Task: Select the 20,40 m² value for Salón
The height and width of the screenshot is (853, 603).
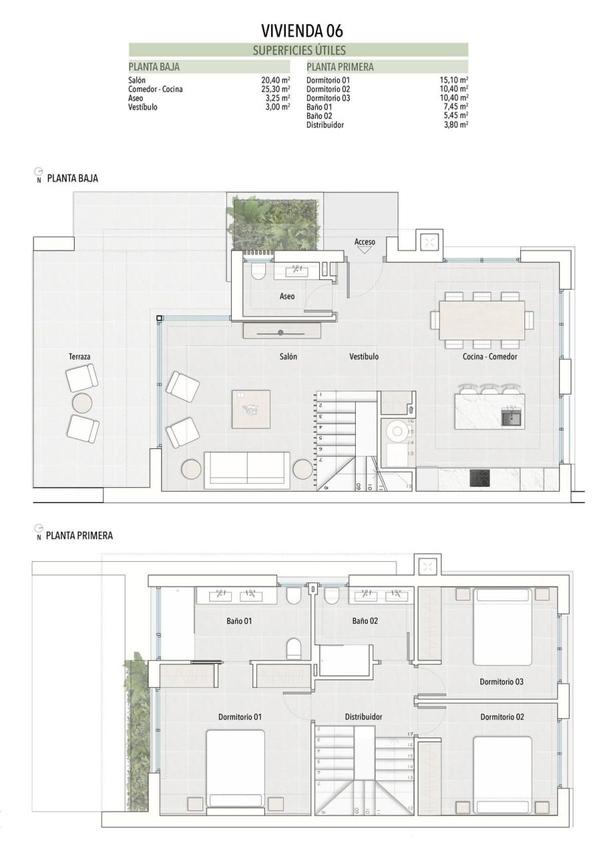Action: (x=275, y=80)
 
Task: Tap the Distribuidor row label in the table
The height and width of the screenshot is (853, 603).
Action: (x=325, y=125)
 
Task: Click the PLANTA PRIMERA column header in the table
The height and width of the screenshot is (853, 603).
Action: (x=340, y=67)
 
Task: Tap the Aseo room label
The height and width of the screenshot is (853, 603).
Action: (x=287, y=297)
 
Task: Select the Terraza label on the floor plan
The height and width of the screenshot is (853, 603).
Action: (x=79, y=357)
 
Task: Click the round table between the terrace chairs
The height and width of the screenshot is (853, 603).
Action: (x=82, y=403)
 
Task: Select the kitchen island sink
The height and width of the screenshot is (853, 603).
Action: (x=512, y=417)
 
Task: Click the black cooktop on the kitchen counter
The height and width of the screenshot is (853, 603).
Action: (x=480, y=478)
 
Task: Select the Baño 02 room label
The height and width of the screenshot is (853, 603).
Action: (x=365, y=620)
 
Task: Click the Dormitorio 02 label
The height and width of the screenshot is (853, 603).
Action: (x=502, y=717)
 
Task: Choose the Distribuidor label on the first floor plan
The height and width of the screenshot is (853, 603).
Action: (x=363, y=717)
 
